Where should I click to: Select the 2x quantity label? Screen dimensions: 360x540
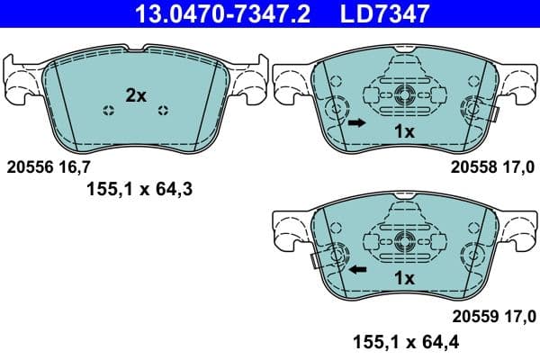[136, 95]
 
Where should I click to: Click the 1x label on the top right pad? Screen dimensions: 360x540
[404, 131]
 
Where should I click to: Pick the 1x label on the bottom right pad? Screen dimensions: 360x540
[404, 279]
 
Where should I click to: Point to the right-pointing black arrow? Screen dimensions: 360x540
[357, 122]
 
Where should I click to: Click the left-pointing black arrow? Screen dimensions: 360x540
[357, 269]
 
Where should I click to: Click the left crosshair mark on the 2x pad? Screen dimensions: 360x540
[109, 111]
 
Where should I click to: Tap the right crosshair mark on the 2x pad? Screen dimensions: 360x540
[162, 111]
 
